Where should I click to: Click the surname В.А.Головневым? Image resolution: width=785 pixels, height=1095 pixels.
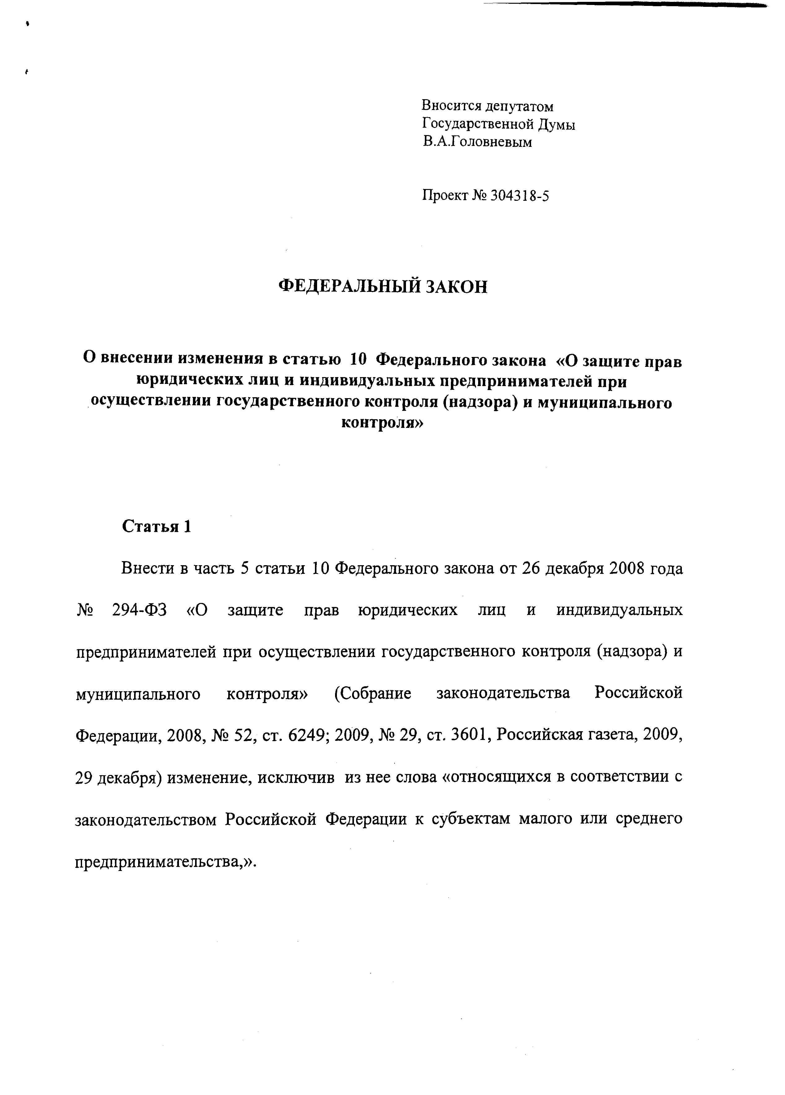coord(477,142)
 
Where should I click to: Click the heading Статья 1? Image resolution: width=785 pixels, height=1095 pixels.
coord(156,526)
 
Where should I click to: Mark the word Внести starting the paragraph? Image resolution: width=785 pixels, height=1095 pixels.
coord(147,568)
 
